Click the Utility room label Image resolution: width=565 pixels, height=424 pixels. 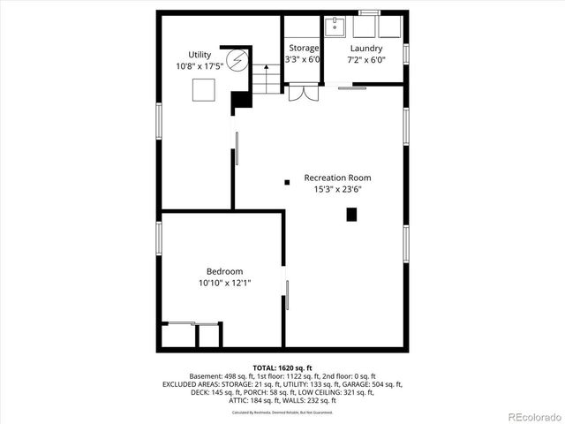[x=200, y=55]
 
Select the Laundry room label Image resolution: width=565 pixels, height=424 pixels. [x=365, y=49]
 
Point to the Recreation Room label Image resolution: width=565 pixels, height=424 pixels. [x=338, y=178]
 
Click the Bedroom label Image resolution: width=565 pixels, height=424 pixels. [x=224, y=271]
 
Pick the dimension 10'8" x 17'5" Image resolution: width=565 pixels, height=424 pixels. [x=200, y=66]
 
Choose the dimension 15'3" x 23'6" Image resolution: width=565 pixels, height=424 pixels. [x=338, y=189]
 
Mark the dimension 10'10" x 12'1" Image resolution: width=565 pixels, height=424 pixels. [x=224, y=283]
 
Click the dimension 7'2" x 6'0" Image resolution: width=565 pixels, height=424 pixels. [x=365, y=60]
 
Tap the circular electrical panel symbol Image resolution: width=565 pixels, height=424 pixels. [x=236, y=61]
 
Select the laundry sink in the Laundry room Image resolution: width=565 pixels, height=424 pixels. [x=335, y=27]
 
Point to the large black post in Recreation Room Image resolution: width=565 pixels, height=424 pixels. [x=352, y=214]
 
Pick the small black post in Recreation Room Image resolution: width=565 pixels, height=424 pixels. [x=286, y=183]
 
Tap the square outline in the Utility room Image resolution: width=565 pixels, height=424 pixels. [x=204, y=90]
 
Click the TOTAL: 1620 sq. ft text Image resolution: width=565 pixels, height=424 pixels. [x=282, y=367]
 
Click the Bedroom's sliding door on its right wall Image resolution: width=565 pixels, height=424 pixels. [x=285, y=292]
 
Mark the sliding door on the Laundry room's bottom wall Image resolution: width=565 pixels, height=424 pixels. [x=353, y=87]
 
